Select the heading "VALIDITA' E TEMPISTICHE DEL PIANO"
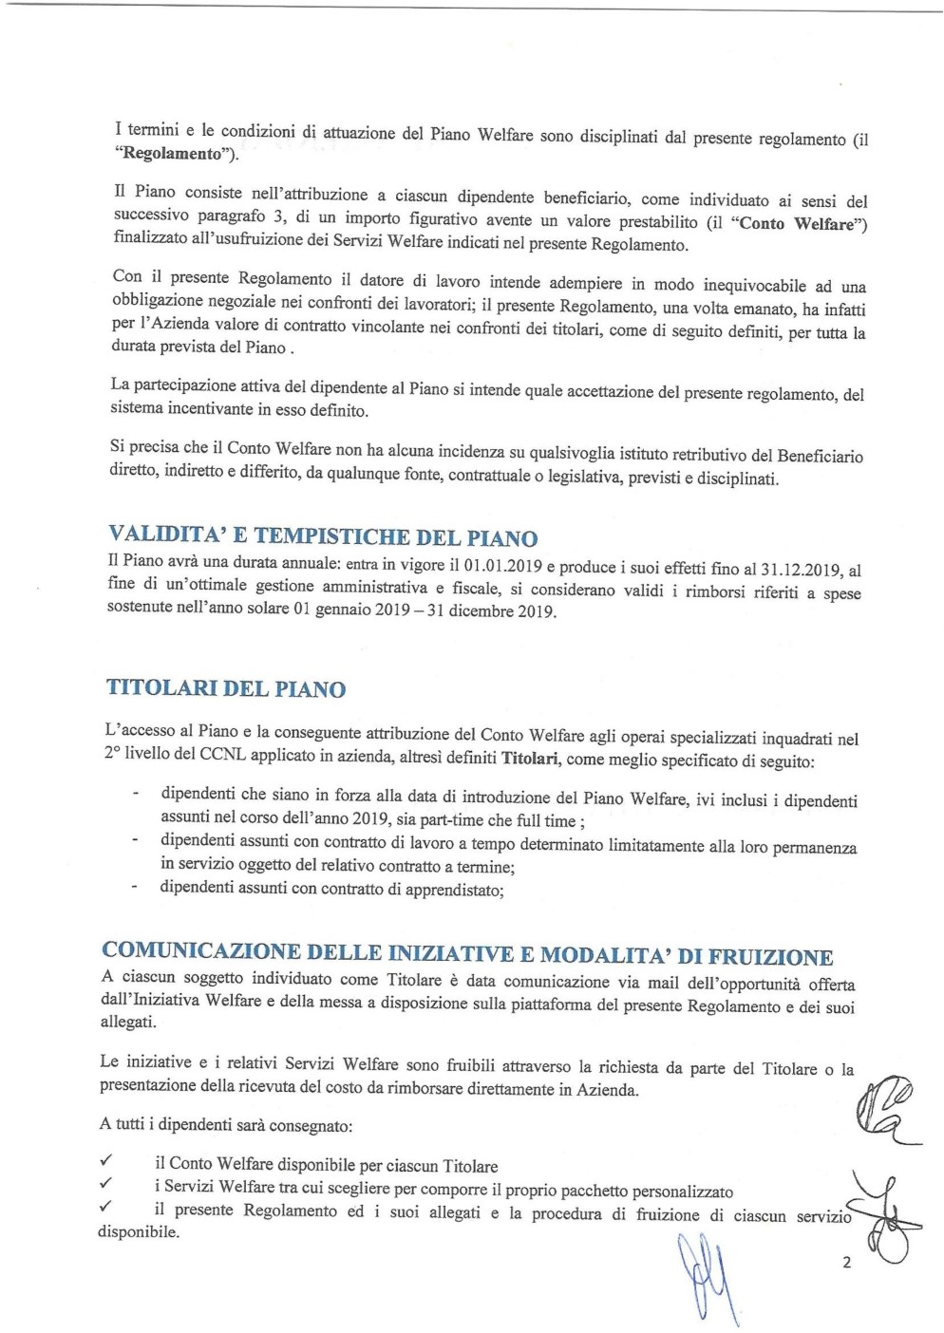(323, 536)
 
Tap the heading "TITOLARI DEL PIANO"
(226, 688)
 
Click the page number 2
(846, 1263)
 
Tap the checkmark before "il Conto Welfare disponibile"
(106, 1160)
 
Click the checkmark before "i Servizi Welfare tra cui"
(106, 1184)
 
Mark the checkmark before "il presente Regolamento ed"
(106, 1207)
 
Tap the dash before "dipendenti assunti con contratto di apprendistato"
(135, 888)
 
